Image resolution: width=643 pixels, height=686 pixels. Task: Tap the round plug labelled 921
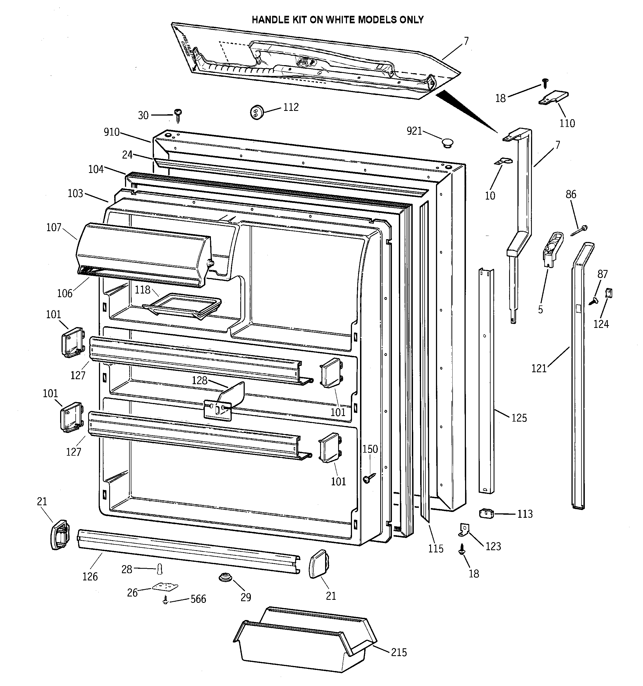point(448,142)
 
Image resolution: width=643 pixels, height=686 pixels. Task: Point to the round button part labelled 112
point(256,112)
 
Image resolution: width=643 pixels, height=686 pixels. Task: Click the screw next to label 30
point(178,115)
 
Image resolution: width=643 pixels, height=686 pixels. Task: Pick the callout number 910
point(111,132)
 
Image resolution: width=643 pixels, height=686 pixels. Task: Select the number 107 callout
point(53,227)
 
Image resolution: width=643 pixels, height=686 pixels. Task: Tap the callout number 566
point(198,599)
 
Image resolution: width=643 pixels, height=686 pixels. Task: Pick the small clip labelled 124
point(609,293)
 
